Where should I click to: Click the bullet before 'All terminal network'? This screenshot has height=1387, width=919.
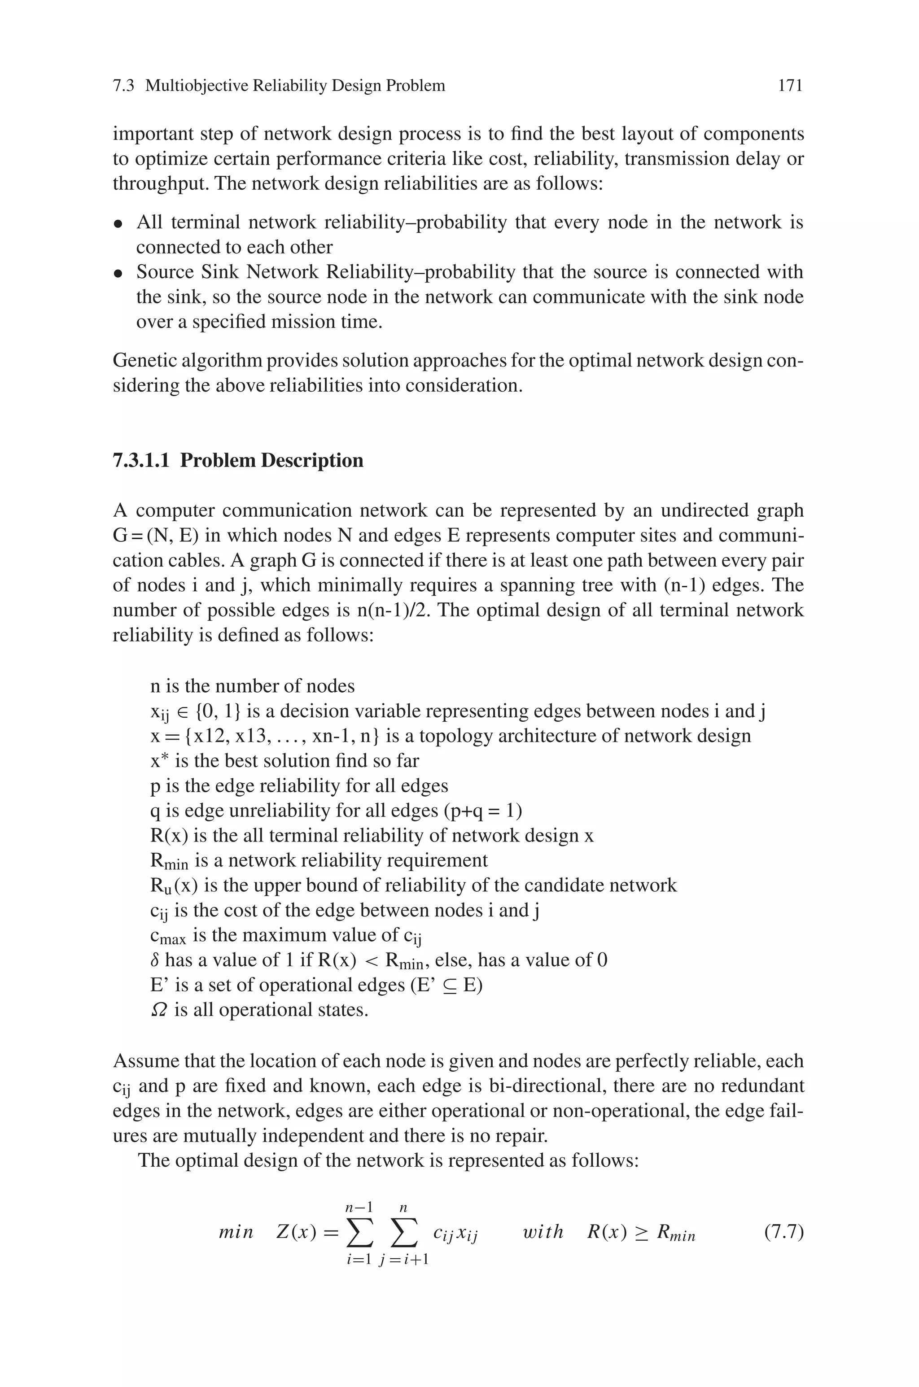pyautogui.click(x=118, y=224)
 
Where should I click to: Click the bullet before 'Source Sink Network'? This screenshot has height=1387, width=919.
pyautogui.click(x=118, y=274)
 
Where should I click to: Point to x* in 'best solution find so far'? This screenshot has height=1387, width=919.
pyautogui.click(x=159, y=761)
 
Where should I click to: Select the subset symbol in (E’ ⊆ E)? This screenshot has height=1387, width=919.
pyautogui.click(x=448, y=985)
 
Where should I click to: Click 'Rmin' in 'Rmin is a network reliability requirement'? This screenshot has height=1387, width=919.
pyautogui.click(x=169, y=860)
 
